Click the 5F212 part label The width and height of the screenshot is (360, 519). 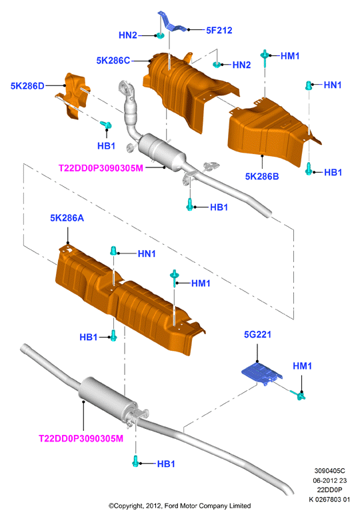(219, 31)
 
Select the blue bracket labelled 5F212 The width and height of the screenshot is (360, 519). (171, 24)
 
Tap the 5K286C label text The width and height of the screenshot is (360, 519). (113, 61)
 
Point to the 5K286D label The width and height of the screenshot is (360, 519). (27, 86)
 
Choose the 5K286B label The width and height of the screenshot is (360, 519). (262, 176)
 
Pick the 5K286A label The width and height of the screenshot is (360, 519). (67, 218)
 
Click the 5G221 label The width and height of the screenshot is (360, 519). (257, 335)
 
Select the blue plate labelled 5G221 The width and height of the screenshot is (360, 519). (262, 374)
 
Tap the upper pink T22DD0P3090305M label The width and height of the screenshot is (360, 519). (101, 168)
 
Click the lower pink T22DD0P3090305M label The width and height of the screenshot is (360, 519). (81, 438)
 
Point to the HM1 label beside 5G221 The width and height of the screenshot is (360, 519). (303, 366)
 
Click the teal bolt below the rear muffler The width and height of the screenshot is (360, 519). (135, 461)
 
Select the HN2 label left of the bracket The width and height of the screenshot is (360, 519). (128, 35)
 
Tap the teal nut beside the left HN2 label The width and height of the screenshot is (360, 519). (160, 35)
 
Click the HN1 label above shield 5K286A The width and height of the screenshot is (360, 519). (147, 254)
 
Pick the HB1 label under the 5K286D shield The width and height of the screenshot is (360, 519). (106, 145)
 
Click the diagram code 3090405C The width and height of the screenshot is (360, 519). (329, 471)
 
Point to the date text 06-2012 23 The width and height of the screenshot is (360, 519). (329, 480)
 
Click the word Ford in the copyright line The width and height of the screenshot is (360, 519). (171, 506)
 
